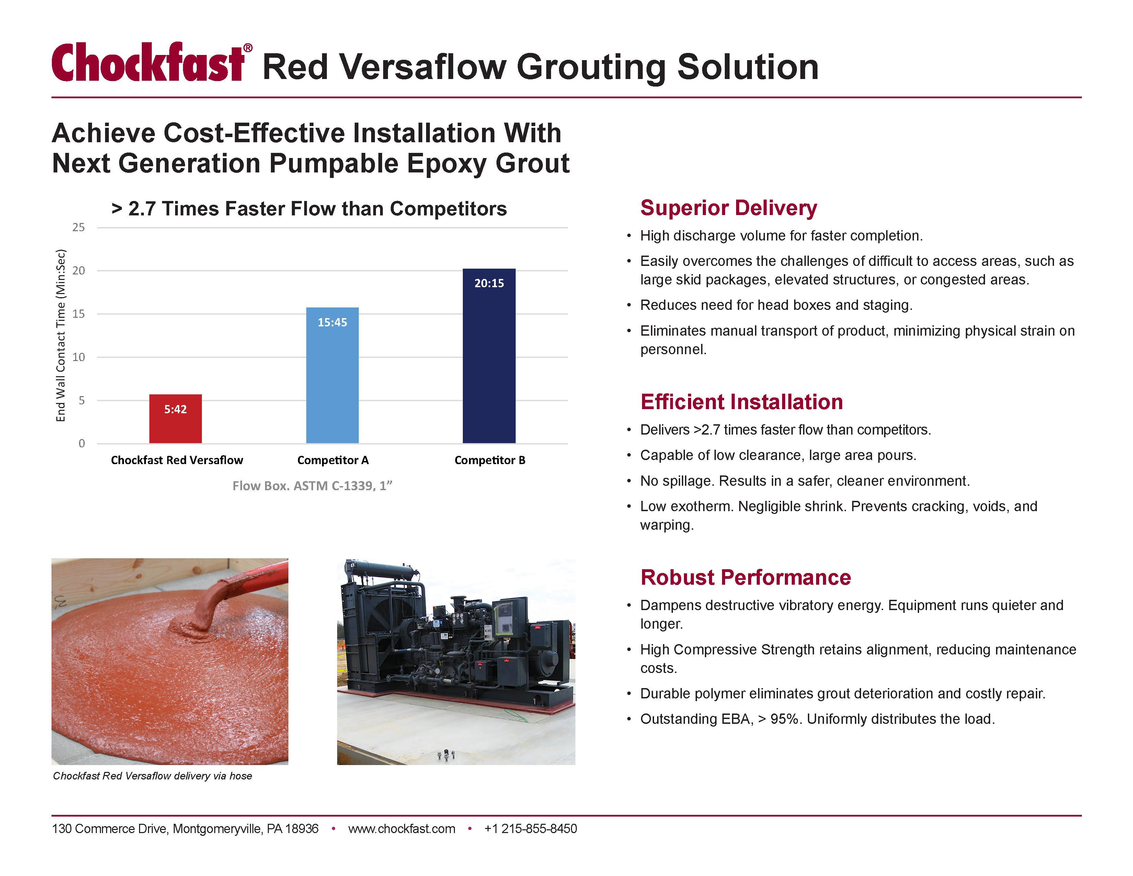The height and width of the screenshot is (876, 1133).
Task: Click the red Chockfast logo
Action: point(152,62)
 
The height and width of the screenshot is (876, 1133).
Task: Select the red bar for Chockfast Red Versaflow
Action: point(175,419)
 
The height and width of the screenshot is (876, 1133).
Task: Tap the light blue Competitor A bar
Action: point(332,375)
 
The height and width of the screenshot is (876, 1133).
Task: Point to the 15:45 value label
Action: point(332,322)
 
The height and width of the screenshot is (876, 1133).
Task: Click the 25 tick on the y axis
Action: point(78,227)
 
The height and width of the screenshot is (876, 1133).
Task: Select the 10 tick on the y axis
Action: point(78,357)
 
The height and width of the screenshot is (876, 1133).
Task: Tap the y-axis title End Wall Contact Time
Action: point(61,335)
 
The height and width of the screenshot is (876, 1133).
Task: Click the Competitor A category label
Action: point(333,460)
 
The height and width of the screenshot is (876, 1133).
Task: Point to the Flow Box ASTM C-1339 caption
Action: point(312,486)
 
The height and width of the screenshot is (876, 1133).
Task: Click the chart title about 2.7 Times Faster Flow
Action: point(309,209)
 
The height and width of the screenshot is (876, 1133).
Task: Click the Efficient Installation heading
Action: point(741,402)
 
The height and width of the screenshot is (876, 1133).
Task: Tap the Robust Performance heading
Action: point(745,577)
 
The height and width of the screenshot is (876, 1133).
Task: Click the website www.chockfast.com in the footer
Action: point(402,829)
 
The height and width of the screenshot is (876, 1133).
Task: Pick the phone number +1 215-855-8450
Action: point(530,829)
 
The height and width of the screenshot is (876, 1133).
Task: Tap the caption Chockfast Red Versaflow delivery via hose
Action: point(152,776)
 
